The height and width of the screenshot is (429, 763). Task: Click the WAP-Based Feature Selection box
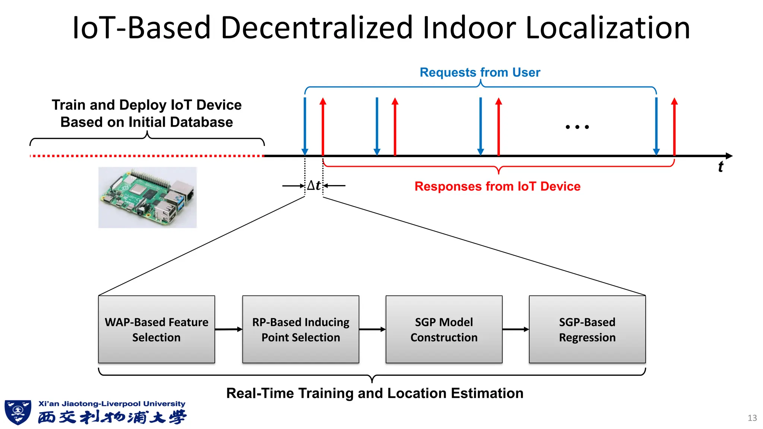[x=156, y=329]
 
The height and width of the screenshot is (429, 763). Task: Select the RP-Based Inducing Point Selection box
[x=301, y=329]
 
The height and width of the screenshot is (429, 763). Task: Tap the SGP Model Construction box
[x=444, y=329]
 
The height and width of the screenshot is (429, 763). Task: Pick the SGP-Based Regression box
[x=587, y=329]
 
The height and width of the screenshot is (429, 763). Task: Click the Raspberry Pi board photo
[x=148, y=197]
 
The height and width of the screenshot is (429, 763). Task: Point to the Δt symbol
[x=314, y=185]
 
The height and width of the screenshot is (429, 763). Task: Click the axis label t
[x=721, y=167]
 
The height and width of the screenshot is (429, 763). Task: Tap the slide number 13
[x=752, y=418]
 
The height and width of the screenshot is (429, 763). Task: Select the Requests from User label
[x=480, y=72]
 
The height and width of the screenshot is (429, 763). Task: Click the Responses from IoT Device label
[x=497, y=186]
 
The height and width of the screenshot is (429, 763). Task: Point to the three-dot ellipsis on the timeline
[x=577, y=127]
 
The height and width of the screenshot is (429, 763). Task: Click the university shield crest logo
[x=18, y=412]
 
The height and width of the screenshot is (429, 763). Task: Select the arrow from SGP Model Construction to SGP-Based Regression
[x=516, y=329]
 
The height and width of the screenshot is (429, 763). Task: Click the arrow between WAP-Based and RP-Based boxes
[x=228, y=329]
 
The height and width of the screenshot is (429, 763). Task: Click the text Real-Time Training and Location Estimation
[x=375, y=393]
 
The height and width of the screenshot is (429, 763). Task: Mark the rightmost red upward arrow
[x=674, y=127]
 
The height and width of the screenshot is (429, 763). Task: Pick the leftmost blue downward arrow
[x=305, y=127]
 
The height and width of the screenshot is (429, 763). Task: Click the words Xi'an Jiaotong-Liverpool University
[x=112, y=404]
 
